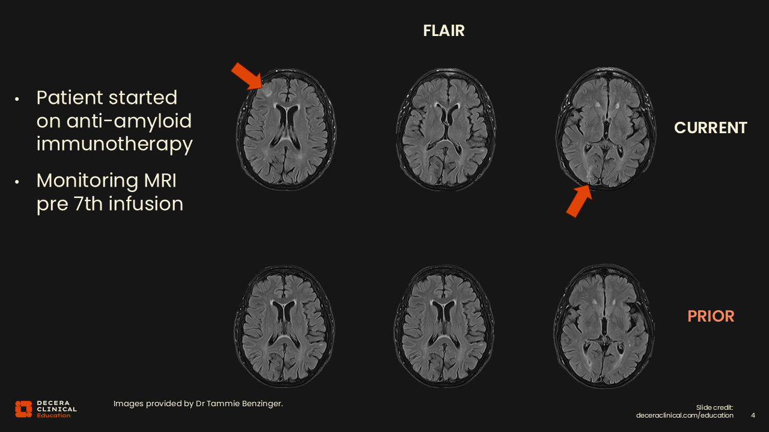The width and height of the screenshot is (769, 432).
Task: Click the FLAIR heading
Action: (443, 31)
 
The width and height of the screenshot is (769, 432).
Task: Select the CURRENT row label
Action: (710, 128)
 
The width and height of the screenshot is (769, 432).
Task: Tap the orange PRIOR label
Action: (711, 316)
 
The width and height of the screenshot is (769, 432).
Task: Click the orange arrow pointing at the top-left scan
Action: (247, 76)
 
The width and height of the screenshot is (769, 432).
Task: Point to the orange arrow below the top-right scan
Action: (579, 201)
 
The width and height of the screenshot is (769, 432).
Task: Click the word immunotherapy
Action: (115, 143)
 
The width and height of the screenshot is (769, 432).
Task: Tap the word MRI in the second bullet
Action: (160, 181)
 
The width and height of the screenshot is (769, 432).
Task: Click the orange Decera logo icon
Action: (23, 409)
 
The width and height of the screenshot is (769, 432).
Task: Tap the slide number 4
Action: (753, 415)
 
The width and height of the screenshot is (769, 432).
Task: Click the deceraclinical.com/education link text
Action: (684, 415)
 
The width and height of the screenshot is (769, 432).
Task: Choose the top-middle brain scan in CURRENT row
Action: (445, 129)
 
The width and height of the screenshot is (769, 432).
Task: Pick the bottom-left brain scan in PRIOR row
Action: (284, 326)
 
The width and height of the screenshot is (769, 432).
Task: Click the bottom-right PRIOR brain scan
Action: (604, 326)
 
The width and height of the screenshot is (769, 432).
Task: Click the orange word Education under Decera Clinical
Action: (53, 416)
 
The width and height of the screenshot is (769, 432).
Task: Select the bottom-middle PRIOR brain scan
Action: (444, 326)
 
